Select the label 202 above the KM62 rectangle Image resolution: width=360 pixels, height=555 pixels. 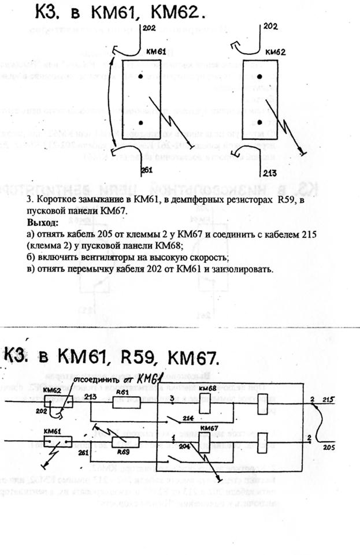[270, 27]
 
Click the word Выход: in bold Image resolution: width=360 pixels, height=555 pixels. [43, 222]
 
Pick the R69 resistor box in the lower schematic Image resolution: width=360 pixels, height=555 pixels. [123, 443]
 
